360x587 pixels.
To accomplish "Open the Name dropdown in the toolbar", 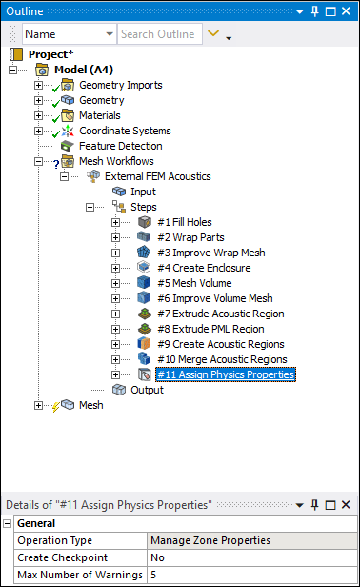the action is coord(69,34).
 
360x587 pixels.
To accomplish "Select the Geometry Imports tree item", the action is coord(120,85).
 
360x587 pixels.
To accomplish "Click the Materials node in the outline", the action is coord(99,115).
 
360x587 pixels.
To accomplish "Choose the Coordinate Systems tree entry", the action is coord(125,131).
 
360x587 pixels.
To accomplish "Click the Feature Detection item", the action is coord(120,146).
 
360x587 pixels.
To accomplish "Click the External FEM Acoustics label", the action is coord(157,176).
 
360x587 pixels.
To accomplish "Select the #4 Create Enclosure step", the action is coord(204,268).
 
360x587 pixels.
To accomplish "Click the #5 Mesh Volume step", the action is coord(195,283).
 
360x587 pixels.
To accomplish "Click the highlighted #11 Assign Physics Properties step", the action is coord(225,374).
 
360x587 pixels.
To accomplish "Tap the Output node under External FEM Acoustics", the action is coord(147,390).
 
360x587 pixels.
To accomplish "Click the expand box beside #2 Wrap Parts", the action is coord(115,237).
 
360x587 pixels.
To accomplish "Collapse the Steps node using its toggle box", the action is coord(90,207).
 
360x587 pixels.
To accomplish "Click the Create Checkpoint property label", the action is coord(63,557).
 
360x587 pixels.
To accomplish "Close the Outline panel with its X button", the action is coord(348,10).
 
